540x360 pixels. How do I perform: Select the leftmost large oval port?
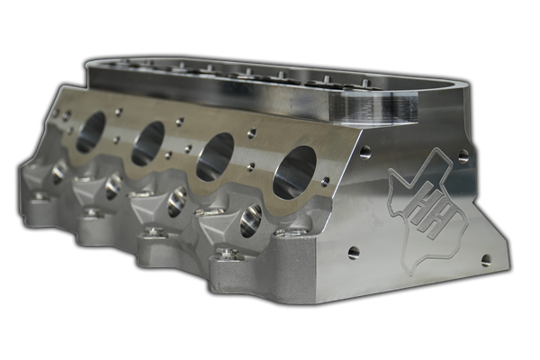pos(90,133)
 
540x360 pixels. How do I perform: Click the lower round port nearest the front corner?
pos(250,220)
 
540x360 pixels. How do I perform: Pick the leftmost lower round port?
pos(58,174)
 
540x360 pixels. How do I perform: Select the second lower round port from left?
pos(113,187)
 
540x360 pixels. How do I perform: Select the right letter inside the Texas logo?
pos(432,217)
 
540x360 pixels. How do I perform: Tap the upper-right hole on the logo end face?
pos(463,156)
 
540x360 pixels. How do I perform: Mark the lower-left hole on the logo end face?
pos(354,253)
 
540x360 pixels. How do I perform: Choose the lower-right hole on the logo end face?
pos(486,260)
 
